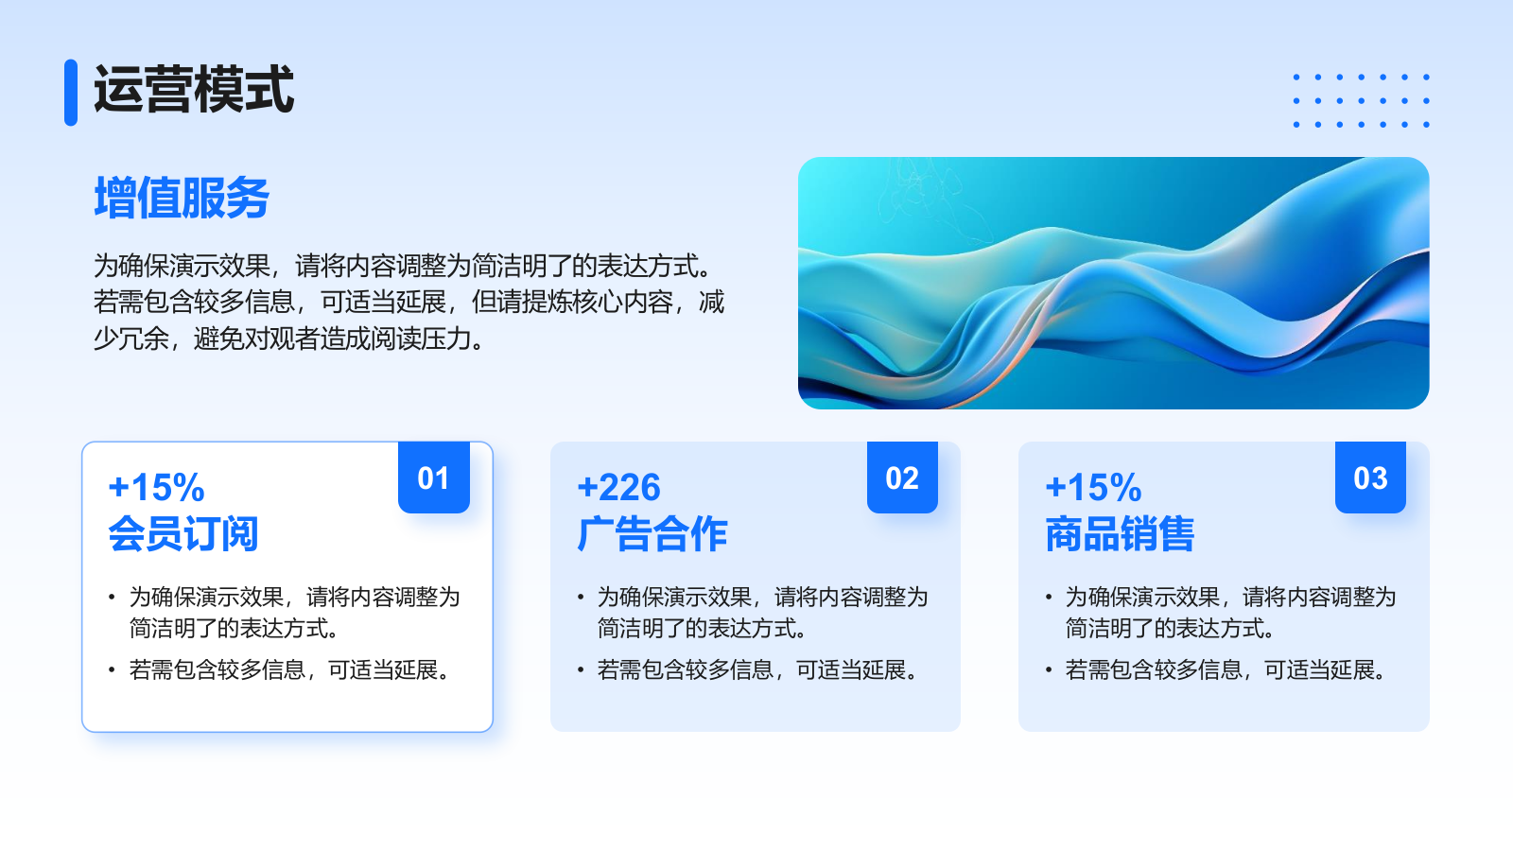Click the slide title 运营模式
194,91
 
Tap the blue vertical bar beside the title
71,93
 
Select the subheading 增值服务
182,199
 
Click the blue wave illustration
1113,283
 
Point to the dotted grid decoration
1361,100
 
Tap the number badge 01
434,478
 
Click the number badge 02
902,478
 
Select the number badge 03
1370,478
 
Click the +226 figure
618,488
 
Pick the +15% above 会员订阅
156,488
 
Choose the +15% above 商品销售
1093,488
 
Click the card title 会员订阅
183,534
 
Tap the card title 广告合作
652,534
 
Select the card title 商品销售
1121,534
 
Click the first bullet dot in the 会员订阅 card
112,597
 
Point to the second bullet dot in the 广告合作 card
581,670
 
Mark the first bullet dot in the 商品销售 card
1049,597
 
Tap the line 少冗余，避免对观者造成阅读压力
289,339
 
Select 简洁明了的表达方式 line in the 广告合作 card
702,629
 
